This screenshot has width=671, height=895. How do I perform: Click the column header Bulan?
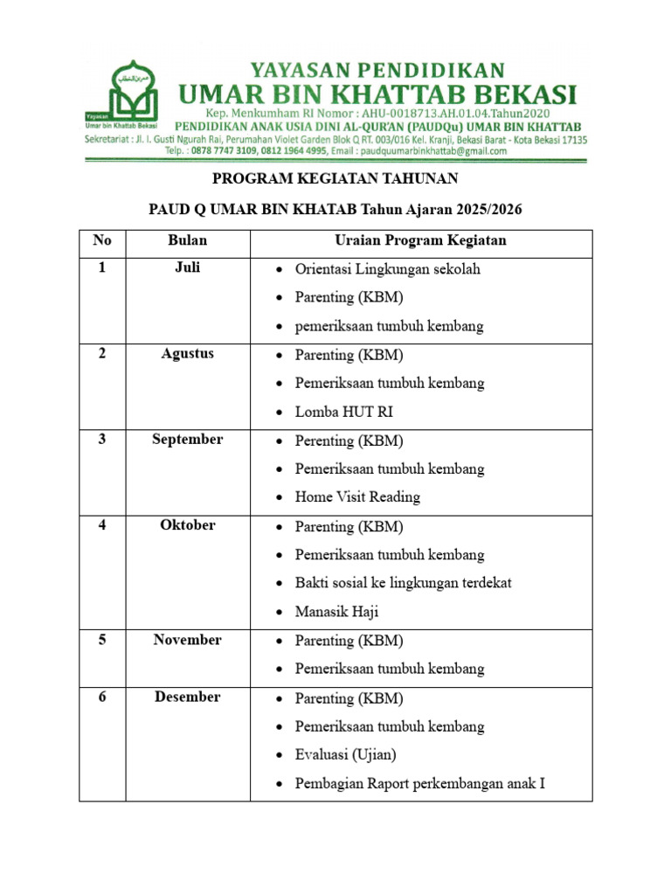(x=187, y=240)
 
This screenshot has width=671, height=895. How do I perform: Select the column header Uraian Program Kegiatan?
(x=420, y=240)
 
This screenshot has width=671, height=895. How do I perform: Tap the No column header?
(x=102, y=240)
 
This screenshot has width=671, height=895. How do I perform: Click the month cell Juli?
(x=187, y=268)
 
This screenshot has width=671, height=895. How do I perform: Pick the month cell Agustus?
(x=187, y=354)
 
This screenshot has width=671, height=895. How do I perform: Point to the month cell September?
(x=187, y=440)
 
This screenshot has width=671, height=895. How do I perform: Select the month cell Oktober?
(x=187, y=525)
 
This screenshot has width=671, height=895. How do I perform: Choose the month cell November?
(x=187, y=640)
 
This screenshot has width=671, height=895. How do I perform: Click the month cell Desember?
(x=187, y=697)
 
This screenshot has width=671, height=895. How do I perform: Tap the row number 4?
(x=102, y=525)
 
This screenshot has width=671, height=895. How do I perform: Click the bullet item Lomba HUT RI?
(x=337, y=412)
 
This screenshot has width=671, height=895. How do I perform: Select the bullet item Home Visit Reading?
(x=357, y=497)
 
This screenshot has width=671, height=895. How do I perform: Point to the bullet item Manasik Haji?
(x=337, y=612)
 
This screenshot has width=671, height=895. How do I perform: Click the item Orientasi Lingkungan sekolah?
(x=387, y=269)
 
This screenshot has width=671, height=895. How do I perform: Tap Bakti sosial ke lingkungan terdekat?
(x=403, y=583)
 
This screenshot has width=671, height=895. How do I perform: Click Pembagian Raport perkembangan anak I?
(x=419, y=783)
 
